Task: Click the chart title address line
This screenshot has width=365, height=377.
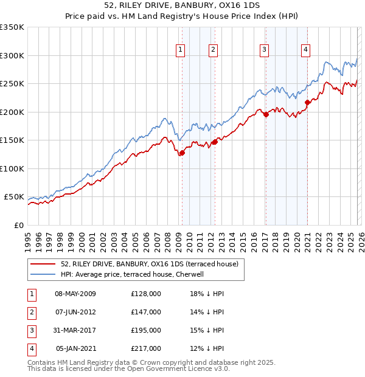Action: (x=182, y=6)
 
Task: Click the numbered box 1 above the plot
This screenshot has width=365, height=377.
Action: (x=181, y=50)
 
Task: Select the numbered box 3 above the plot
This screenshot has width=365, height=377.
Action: (x=265, y=50)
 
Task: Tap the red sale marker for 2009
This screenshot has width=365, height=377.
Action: (x=182, y=153)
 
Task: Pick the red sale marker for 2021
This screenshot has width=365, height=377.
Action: (x=307, y=102)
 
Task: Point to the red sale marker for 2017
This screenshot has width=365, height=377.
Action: (x=266, y=114)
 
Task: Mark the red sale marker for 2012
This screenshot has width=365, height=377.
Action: (x=214, y=142)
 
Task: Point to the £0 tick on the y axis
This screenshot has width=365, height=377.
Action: (x=18, y=225)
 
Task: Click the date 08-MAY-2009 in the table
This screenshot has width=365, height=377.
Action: (x=75, y=294)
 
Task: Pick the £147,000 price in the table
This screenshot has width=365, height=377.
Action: (x=146, y=312)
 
